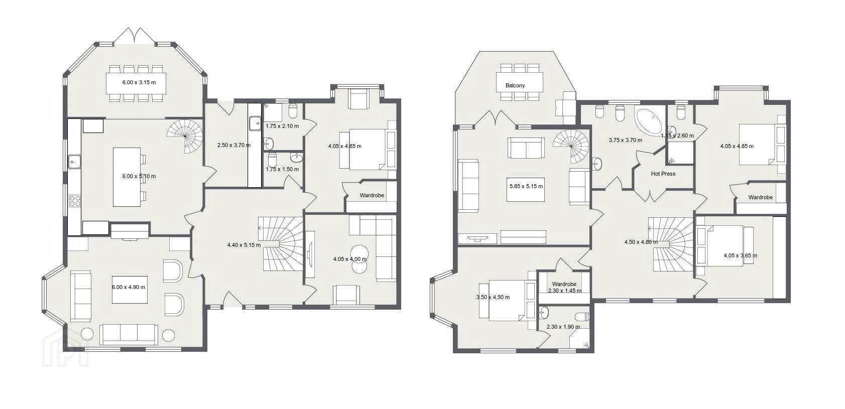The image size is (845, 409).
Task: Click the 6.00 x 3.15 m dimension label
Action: [139, 82]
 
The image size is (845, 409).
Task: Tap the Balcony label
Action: [515, 86]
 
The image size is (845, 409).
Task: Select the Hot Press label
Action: [663, 174]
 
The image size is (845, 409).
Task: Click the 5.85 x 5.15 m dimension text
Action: [526, 186]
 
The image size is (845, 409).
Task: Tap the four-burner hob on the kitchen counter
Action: [75, 201]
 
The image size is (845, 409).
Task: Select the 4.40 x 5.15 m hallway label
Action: [244, 245]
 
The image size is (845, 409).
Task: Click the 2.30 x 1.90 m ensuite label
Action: [563, 327]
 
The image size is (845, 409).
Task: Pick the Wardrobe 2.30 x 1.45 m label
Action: [564, 287]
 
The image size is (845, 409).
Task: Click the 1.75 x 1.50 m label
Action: [282, 169]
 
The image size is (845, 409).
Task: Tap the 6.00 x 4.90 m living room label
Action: [128, 287]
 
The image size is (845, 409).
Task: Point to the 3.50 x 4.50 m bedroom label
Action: [493, 297]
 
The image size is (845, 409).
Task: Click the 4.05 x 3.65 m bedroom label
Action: [741, 255]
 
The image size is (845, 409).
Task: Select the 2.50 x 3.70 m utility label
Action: [234, 145]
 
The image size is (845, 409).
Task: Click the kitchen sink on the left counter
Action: [74, 162]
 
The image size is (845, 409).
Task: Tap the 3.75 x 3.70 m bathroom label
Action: [626, 140]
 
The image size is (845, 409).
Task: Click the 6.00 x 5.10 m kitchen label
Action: [139, 176]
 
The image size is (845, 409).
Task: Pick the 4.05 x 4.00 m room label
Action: [349, 259]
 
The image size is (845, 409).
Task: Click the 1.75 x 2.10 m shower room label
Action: [282, 126]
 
